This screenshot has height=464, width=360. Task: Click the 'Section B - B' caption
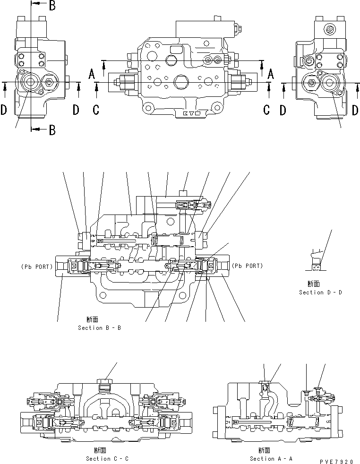tap(99, 327)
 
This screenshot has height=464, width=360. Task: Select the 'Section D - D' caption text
tap(320, 292)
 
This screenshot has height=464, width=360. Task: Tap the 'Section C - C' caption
tap(107, 458)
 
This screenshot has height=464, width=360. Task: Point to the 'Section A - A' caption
tap(271, 458)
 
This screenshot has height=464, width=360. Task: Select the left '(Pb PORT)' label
tap(36, 266)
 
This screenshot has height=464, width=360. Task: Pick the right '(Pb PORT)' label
tap(247, 266)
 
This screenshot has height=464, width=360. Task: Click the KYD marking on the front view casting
tap(191, 113)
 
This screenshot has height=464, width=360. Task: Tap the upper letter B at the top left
tap(52, 6)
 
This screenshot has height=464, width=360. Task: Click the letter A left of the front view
tap(92, 73)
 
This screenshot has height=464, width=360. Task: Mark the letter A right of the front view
tap(271, 73)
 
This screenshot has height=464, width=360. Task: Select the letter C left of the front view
tap(96, 110)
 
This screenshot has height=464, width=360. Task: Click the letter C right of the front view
tap(266, 110)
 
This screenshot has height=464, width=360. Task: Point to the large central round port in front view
tap(181, 82)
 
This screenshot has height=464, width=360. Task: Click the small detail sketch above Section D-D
tap(316, 261)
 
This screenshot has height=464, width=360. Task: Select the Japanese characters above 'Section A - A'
tap(258, 451)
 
